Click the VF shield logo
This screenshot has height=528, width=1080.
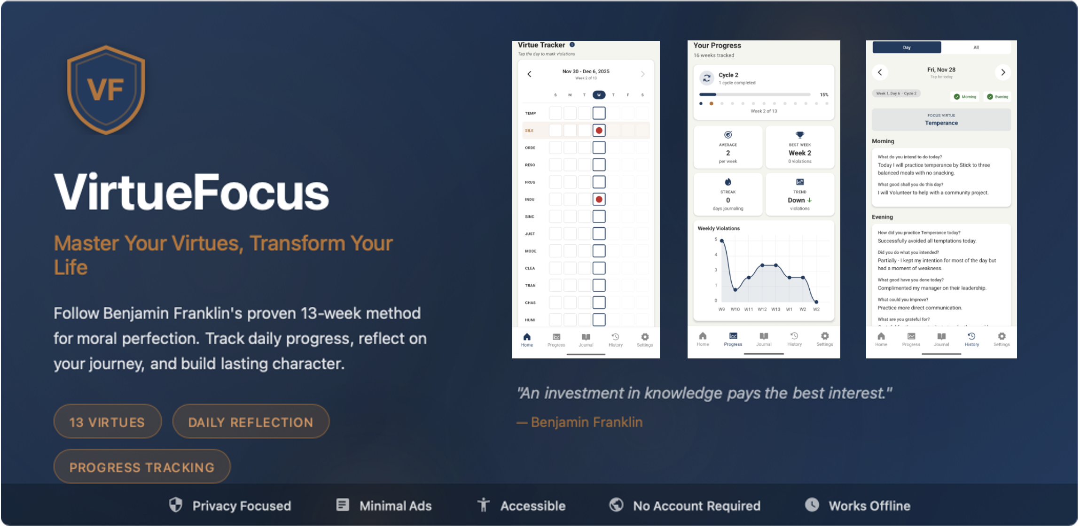(106, 89)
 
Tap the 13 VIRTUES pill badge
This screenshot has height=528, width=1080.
(107, 422)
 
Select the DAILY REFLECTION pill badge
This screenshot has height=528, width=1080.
(250, 422)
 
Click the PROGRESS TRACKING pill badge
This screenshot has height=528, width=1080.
(141, 467)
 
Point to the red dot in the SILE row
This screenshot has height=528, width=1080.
(599, 131)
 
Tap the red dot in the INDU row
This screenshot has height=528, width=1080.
(599, 199)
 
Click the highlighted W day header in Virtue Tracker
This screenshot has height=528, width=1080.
(599, 95)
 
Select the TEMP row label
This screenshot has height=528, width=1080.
(531, 113)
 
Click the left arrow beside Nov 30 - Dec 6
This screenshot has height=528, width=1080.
(530, 74)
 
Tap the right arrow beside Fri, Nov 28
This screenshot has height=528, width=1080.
(1003, 72)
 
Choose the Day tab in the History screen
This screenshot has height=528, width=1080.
(907, 47)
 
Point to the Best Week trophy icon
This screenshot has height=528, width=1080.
(800, 135)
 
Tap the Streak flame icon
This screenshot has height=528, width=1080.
(728, 182)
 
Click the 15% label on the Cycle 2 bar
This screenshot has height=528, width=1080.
(824, 95)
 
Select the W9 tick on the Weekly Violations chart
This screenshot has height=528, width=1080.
(722, 309)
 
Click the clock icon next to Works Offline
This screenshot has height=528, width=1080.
(812, 505)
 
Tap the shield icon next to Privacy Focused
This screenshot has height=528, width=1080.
(176, 505)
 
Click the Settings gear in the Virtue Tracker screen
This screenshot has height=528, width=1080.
(645, 337)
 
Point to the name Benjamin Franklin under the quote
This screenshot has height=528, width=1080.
(586, 422)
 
